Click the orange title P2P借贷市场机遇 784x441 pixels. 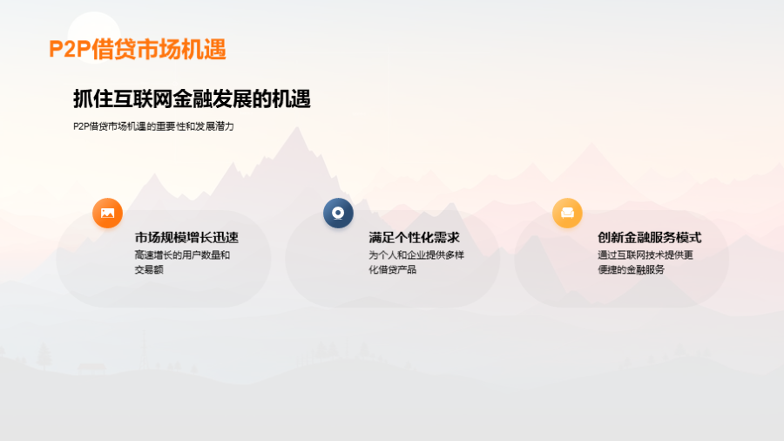coord(138,50)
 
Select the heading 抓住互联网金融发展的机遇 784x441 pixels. coord(192,98)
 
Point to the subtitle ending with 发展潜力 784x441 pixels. coord(153,126)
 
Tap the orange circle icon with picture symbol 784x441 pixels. coord(107,213)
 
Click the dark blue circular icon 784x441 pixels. coord(338,213)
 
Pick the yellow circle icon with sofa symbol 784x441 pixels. coord(567,213)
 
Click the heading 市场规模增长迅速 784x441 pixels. coord(186,238)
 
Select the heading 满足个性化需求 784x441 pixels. coord(414,238)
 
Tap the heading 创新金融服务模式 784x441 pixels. coord(650,238)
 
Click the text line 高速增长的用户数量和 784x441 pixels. coord(182,255)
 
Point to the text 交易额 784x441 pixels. coord(149,269)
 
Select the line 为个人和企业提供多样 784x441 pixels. coord(416,255)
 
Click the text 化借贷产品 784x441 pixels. coord(393,269)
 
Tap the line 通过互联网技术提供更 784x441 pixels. coord(645,255)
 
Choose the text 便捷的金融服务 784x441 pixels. coord(631,269)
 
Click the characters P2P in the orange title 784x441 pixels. coord(70,50)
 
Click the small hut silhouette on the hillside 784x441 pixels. coord(91,369)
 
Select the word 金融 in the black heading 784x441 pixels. coord(192,98)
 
